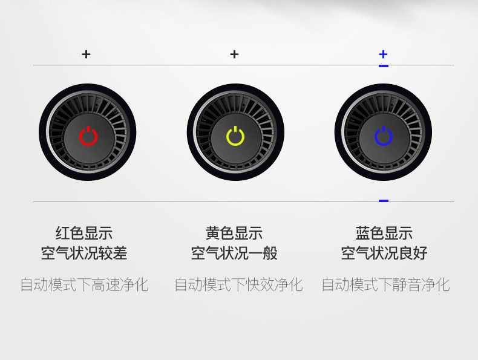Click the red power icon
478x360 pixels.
(88, 136)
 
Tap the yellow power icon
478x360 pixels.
(235, 136)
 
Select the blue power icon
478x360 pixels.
(384, 136)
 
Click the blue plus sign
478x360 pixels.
(383, 54)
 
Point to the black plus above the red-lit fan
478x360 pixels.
(87, 54)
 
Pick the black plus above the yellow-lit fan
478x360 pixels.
(235, 54)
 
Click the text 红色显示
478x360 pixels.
(84, 233)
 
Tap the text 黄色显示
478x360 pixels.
(234, 233)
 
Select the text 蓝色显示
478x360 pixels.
(384, 233)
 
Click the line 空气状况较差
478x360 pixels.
(84, 253)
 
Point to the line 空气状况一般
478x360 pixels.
(234, 253)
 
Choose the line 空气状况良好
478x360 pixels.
(384, 253)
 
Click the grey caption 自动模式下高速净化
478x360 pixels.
(84, 284)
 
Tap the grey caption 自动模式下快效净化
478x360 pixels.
(238, 284)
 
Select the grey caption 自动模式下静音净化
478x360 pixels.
(385, 284)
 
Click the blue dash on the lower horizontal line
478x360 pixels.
(384, 200)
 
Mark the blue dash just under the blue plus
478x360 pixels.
(384, 65)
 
